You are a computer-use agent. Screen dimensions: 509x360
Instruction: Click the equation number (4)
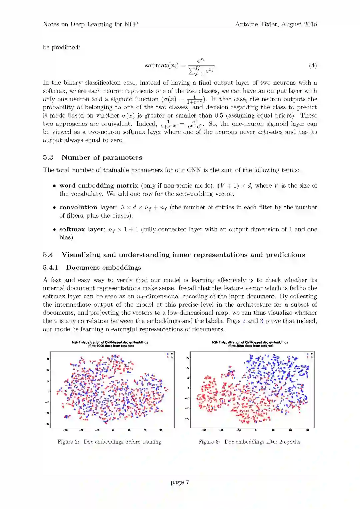tap(313, 65)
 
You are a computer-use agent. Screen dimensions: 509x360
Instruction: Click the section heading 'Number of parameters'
tap(102, 158)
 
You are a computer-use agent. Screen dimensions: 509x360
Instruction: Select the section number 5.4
tap(48, 255)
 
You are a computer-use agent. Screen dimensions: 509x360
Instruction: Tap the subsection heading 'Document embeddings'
tap(103, 268)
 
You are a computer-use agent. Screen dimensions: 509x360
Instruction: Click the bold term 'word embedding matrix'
tap(99, 186)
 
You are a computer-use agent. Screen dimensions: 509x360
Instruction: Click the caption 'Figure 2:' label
tap(68, 442)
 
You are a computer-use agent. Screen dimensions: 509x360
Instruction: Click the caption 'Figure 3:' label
tap(209, 442)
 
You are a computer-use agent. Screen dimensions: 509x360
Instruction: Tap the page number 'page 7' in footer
tap(180, 482)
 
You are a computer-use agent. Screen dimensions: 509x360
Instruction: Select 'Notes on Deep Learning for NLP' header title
tap(90, 24)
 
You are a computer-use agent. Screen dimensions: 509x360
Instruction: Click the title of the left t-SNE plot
tap(110, 344)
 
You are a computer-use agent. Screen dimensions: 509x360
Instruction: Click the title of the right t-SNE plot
tap(250, 344)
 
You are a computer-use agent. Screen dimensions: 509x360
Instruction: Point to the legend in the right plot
tap(310, 355)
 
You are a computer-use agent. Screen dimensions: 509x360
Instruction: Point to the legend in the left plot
tap(170, 355)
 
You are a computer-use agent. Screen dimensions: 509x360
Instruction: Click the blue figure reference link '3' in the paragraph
tap(262, 321)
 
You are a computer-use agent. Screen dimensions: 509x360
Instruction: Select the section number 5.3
tap(48, 158)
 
